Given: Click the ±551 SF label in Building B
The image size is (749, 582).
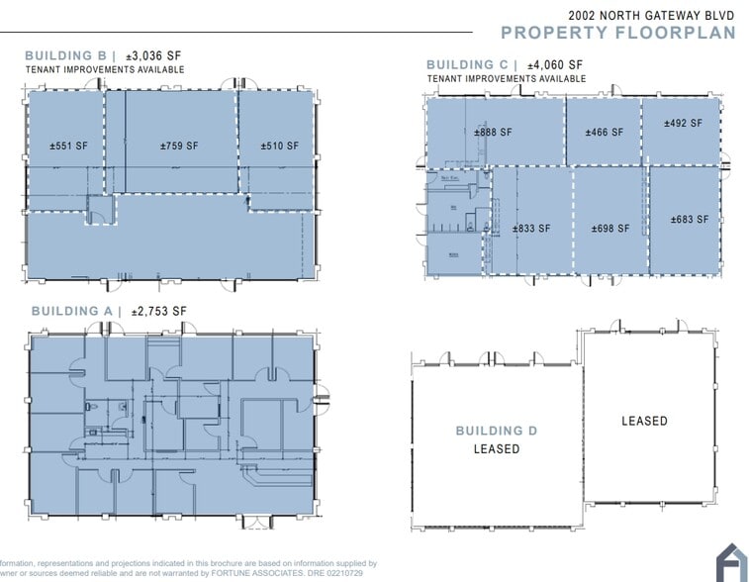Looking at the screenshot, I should tap(69, 146).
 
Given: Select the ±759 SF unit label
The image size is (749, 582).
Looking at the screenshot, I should tap(179, 146).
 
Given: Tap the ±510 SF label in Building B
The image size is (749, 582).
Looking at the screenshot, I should tap(280, 146).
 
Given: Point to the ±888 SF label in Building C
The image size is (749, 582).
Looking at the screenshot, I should tap(493, 132).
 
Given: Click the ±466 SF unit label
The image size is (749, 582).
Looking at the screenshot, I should tap(605, 132).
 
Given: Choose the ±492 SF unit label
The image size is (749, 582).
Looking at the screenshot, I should tap(683, 124).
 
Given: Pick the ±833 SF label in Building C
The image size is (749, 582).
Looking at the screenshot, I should tap(531, 229).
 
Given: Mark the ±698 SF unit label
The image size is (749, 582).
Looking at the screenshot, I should tap(610, 229).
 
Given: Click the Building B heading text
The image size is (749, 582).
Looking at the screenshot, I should tap(66, 56).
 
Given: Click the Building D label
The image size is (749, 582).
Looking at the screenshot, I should tap(503, 431).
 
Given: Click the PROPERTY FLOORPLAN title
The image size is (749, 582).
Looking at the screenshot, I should tap(618, 33).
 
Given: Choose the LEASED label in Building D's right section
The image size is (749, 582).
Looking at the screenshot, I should tap(644, 421).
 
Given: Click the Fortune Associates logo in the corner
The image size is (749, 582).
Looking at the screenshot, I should tap(730, 562).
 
